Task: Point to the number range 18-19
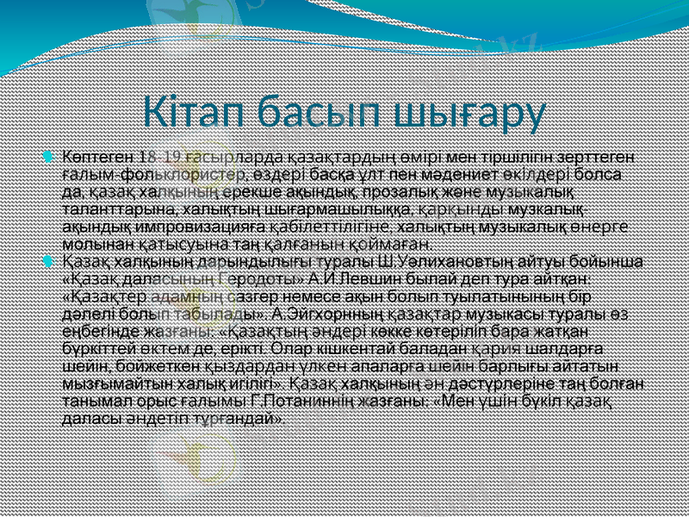point(160,156)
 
